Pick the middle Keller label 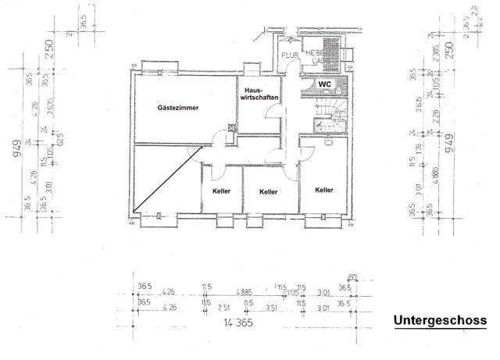click(270, 191)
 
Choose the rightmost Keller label click(324, 189)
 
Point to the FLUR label click(289, 55)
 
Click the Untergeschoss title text click(440, 320)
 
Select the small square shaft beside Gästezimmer click(231, 129)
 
